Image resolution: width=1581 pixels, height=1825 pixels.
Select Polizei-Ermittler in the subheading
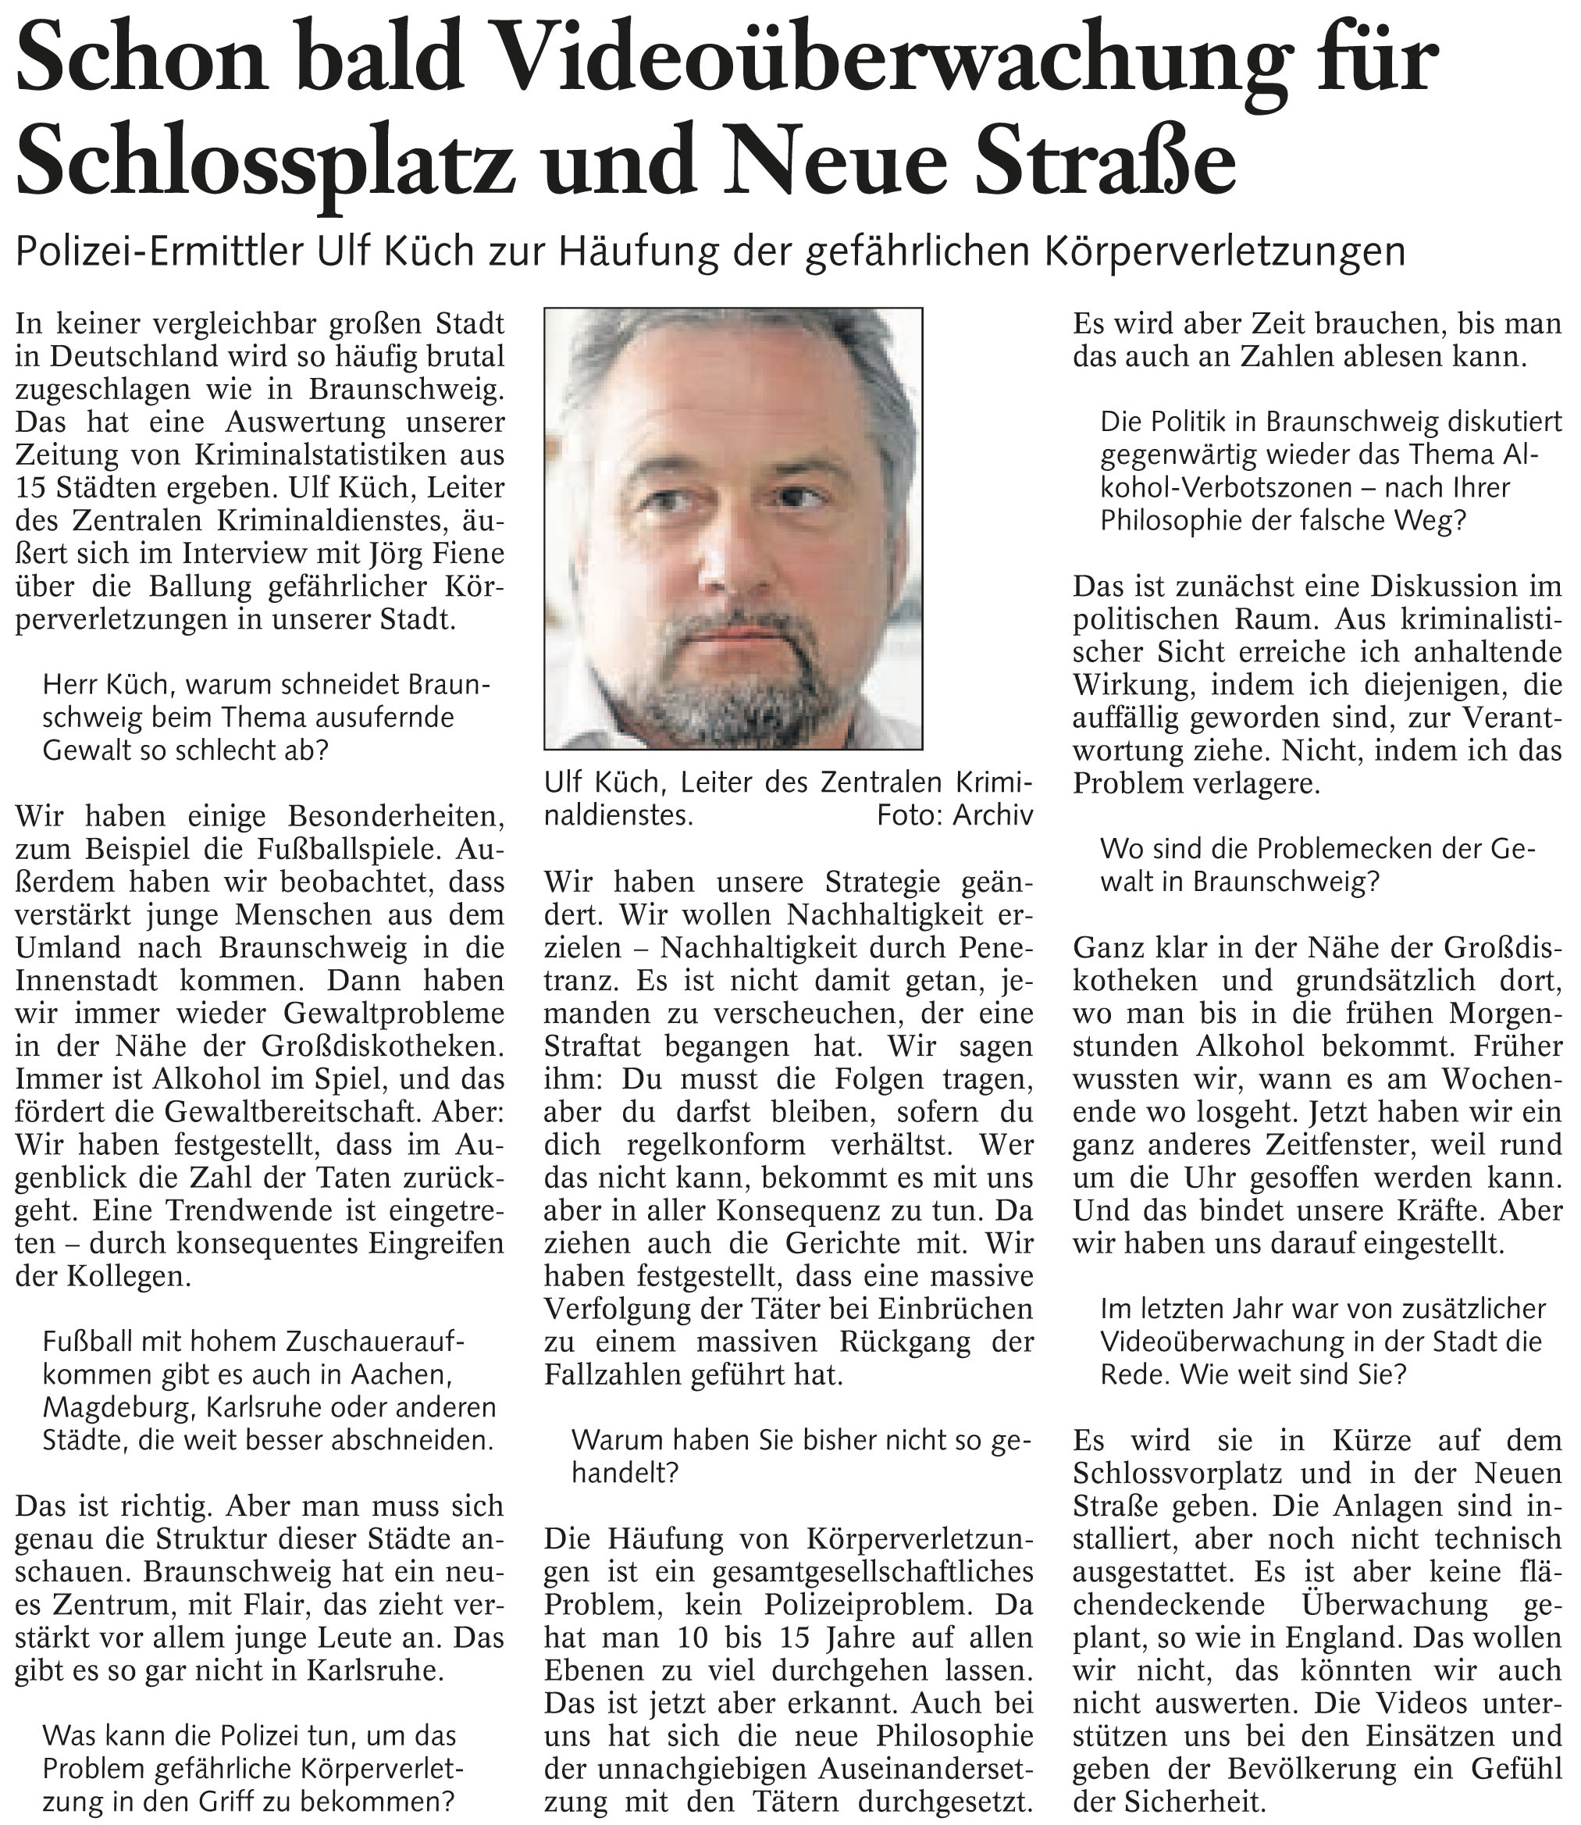[x=158, y=252]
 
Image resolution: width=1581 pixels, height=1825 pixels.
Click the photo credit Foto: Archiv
[x=954, y=815]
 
